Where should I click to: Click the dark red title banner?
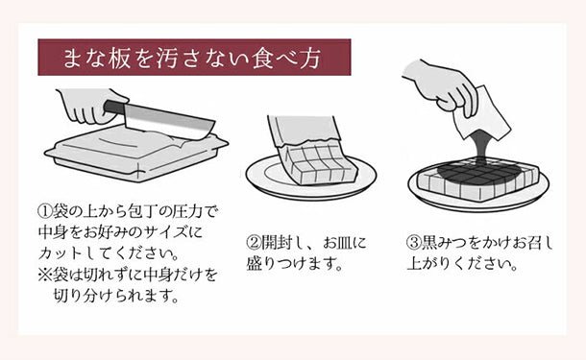(194, 58)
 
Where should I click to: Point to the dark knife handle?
(114, 108)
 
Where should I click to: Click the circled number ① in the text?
(45, 212)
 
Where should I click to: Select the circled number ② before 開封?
(253, 243)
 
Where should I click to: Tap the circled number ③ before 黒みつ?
(413, 243)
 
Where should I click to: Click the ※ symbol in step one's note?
(45, 276)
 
